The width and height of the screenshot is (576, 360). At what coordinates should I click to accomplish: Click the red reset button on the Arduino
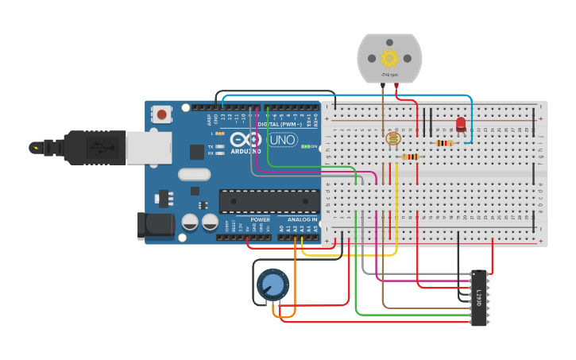coord(162,114)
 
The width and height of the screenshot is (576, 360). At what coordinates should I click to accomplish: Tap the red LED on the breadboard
coord(461,124)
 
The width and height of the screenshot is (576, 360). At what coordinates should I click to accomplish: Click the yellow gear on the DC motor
coord(389,58)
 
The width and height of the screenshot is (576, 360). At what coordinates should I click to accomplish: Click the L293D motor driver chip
coord(479,297)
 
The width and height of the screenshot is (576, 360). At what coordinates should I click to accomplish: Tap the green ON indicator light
coord(305,147)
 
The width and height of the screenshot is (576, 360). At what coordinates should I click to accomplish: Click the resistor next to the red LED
coord(445,143)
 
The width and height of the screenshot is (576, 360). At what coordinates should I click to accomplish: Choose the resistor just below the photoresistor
coord(410,157)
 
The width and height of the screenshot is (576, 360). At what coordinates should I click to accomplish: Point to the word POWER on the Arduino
coord(261,219)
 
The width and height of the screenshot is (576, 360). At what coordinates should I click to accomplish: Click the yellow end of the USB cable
coord(35,147)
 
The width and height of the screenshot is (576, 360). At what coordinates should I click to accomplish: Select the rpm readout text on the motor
coord(389,75)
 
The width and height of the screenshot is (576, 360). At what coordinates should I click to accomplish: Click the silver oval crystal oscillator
coord(194,174)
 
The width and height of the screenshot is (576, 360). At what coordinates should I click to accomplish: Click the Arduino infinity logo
coord(245,141)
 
